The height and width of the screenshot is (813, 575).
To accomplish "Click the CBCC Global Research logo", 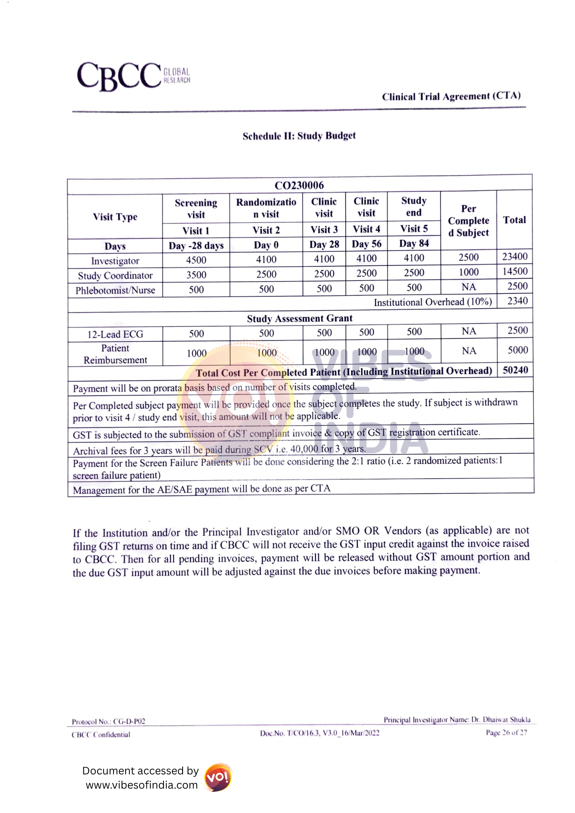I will (133, 76).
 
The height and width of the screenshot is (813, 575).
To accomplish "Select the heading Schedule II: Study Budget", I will (299, 136).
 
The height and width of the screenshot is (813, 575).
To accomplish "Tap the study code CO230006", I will (299, 185).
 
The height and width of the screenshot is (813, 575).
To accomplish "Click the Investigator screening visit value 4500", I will (196, 260).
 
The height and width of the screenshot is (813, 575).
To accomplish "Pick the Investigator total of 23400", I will (514, 257).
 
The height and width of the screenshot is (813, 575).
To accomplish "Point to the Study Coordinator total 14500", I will (514, 272).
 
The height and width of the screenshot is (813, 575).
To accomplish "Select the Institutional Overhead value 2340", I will (517, 301).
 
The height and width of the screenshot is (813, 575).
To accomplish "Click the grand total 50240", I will (515, 370).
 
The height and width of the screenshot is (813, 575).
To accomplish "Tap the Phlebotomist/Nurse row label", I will (115, 291).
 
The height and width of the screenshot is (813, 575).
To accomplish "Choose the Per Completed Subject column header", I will (468, 221).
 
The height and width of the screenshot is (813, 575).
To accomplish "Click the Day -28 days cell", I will (196, 246).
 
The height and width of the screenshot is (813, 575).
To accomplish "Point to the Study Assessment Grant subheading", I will (300, 319).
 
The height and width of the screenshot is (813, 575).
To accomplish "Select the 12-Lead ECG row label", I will (115, 335).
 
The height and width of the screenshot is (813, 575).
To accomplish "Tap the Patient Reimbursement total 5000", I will (517, 350).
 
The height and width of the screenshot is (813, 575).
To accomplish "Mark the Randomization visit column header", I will (266, 208).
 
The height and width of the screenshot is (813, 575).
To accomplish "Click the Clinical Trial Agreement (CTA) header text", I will (451, 96).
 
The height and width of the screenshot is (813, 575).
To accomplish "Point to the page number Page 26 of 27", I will (506, 733).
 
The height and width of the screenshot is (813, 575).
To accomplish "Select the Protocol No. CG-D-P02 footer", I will (109, 722).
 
